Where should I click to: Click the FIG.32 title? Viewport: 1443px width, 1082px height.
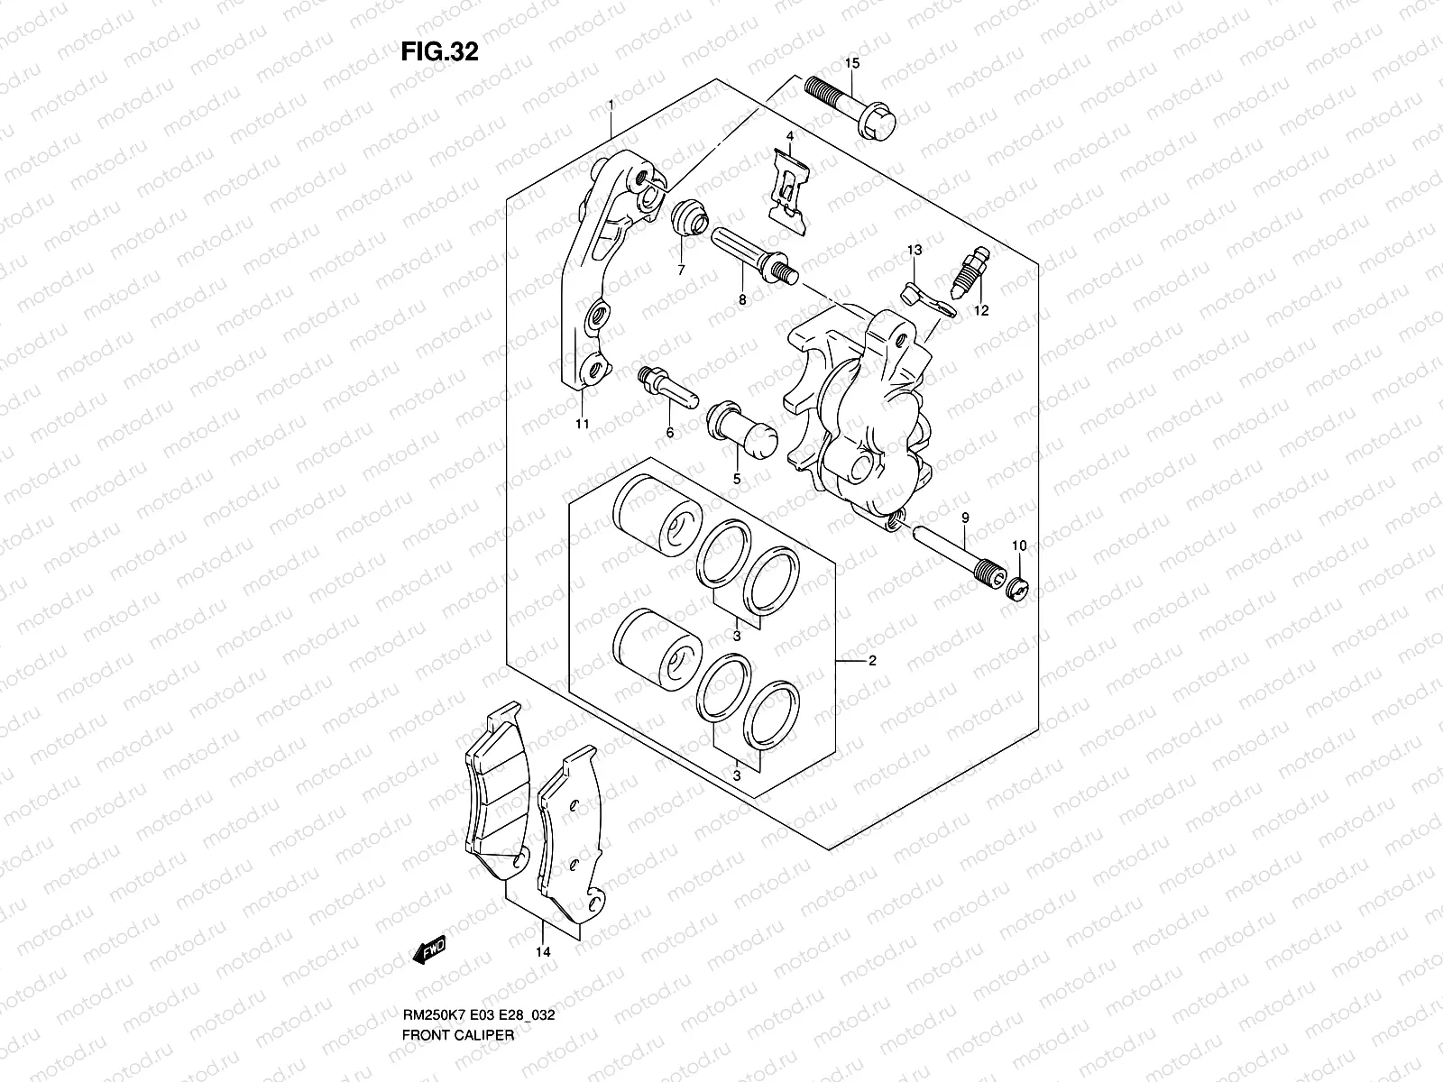coord(439,51)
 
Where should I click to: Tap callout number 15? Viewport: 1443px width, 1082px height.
coord(852,63)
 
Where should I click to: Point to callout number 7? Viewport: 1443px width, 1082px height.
coord(681,270)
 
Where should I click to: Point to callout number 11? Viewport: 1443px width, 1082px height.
coord(583,423)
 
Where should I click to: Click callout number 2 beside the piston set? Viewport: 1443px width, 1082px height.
coord(872,661)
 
